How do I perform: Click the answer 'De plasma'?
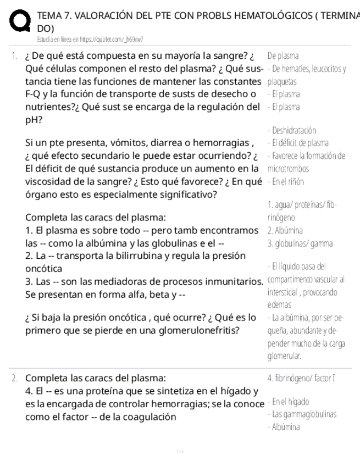pos(283,56)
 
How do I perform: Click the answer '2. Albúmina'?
pos(285,230)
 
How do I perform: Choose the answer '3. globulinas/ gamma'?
pos(300,243)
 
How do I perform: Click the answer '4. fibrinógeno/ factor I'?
pos(301,378)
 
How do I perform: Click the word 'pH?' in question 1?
pos(34,119)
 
